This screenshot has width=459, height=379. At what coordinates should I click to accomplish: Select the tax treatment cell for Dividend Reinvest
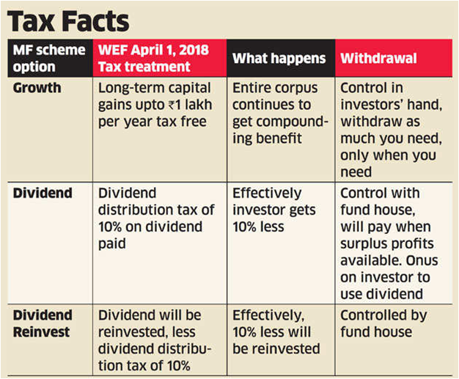coord(157,339)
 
